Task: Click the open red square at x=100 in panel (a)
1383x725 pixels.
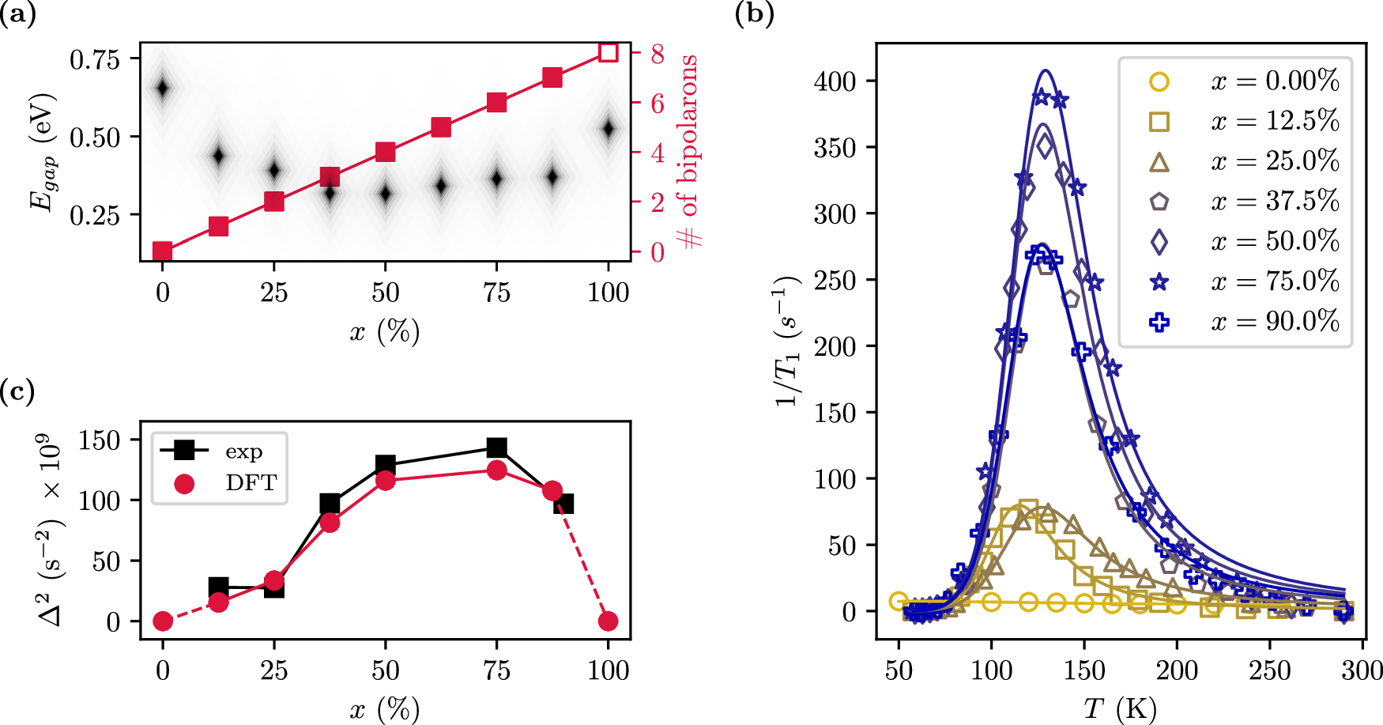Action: pyautogui.click(x=608, y=52)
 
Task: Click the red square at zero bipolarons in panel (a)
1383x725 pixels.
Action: pyautogui.click(x=162, y=251)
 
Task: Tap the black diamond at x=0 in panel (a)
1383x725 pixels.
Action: pyautogui.click(x=162, y=88)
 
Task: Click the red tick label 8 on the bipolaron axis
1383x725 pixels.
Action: pyautogui.click(x=658, y=54)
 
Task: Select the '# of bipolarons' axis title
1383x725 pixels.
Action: pyautogui.click(x=688, y=150)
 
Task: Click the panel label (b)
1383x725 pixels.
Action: pyautogui.click(x=754, y=13)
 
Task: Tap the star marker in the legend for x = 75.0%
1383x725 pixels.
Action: pyautogui.click(x=1159, y=281)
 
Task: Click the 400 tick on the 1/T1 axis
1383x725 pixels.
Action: pyautogui.click(x=835, y=81)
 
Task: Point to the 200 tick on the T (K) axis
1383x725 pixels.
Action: pyautogui.click(x=1177, y=670)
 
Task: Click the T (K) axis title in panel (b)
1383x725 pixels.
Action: pyautogui.click(x=1120, y=708)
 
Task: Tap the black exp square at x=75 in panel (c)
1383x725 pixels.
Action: pyautogui.click(x=496, y=448)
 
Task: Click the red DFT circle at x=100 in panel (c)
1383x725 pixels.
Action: pyautogui.click(x=608, y=621)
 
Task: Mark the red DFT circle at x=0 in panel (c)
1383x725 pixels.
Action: pyautogui.click(x=162, y=621)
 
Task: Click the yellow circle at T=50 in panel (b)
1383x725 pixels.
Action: pyautogui.click(x=899, y=601)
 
